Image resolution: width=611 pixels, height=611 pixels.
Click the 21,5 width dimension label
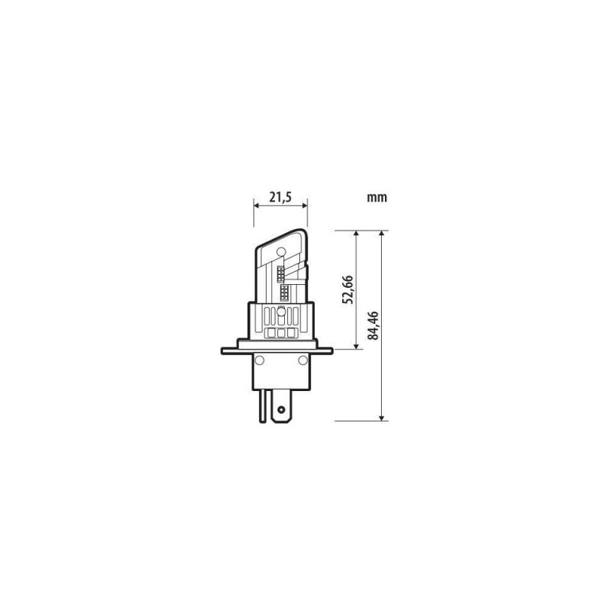click(280, 197)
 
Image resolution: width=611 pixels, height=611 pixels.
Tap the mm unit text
click(377, 198)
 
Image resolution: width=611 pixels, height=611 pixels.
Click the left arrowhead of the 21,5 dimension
click(256, 205)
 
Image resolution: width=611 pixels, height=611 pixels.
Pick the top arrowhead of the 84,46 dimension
click(381, 234)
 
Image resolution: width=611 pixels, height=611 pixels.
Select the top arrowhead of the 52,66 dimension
click(357, 234)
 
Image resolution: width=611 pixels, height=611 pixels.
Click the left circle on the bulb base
click(259, 359)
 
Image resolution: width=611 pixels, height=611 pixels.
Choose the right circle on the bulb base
click(302, 359)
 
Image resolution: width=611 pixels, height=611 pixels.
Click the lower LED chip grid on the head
click(283, 293)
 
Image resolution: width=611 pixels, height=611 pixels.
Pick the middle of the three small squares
click(280, 332)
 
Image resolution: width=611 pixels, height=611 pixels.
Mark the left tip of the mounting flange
click(223, 351)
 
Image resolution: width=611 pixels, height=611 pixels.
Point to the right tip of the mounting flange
click(332, 351)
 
